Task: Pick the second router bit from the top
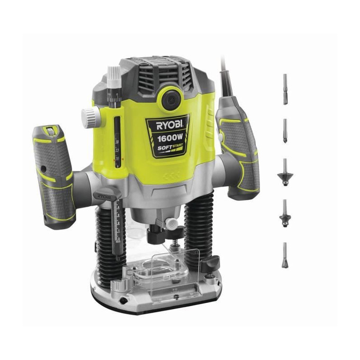(285, 130)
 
